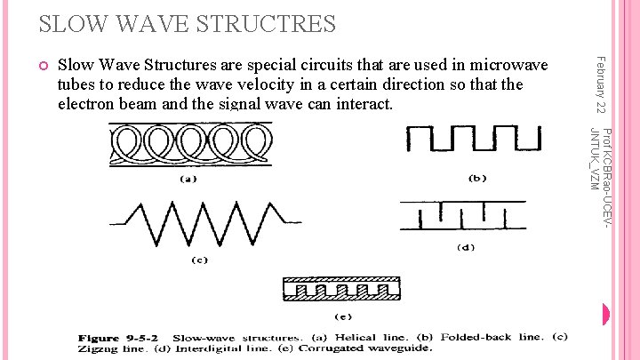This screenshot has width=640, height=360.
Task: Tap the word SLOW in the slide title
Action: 44,23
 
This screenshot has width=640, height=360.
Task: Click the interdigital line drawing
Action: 462,217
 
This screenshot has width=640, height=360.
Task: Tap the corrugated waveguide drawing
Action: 342,290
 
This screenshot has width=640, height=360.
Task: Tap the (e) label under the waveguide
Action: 342,316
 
